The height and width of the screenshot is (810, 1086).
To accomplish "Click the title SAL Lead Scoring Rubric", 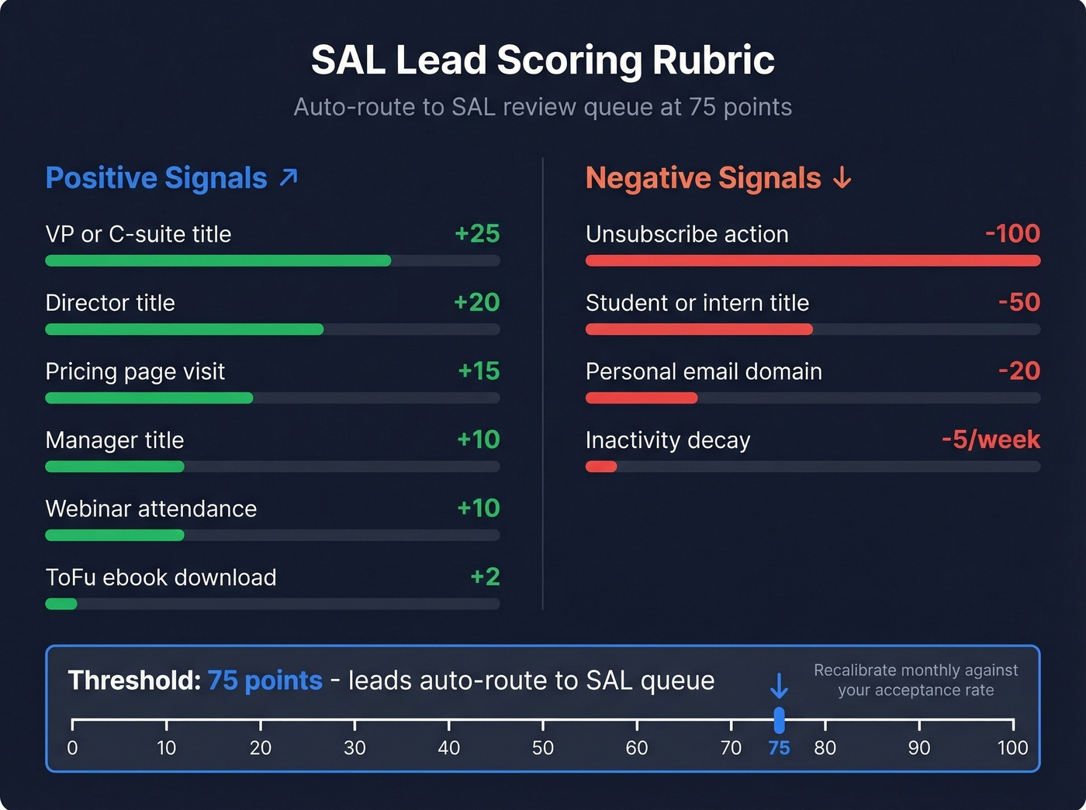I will coord(542,60).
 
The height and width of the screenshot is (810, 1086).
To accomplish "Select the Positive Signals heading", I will coord(156,178).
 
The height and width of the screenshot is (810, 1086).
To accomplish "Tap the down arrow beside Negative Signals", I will coord(842,179).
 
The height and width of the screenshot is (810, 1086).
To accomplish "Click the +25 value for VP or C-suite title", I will coord(477,233).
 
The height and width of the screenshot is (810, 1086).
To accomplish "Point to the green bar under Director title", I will coord(185,329).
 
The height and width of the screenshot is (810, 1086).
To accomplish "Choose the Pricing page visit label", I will coord(135,371).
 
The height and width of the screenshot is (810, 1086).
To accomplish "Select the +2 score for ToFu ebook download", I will coord(485,577).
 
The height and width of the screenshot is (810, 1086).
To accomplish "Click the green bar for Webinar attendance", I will coord(115,536).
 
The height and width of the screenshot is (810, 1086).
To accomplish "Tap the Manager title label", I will coord(115,440).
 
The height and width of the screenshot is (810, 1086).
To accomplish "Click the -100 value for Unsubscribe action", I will coord(1012,233).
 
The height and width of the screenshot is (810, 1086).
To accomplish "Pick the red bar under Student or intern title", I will coord(699,329).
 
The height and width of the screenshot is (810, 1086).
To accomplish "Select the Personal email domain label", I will coord(704,371).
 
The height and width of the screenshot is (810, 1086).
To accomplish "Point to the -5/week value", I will coord(991,439).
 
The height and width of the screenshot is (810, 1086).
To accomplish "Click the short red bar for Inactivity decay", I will coord(601,467).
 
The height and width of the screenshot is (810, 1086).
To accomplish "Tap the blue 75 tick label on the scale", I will coord(779,748).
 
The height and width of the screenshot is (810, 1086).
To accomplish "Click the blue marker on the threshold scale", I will coord(779,720).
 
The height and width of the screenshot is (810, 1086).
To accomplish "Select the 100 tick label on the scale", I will coord(1012,748).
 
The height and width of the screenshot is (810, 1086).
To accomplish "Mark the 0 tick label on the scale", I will coord(72,748).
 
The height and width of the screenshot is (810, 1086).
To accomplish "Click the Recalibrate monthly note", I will coord(915,680).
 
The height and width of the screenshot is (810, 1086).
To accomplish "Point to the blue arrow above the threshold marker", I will coord(779,686).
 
